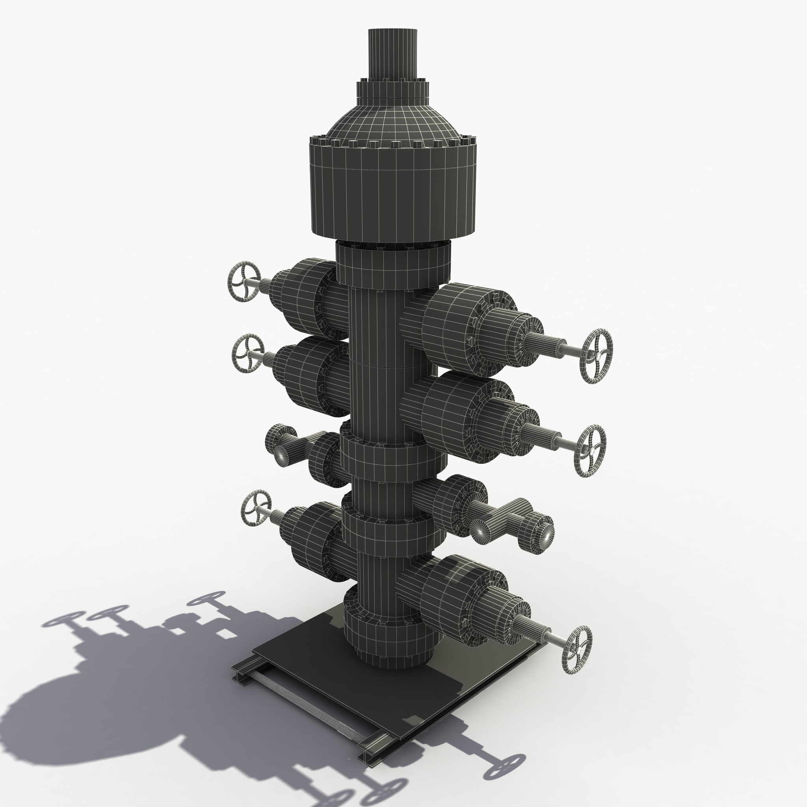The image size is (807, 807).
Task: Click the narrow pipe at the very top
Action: (392, 52)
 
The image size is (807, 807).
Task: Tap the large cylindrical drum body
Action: (392, 192)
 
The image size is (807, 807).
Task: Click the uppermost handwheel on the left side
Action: (244, 281)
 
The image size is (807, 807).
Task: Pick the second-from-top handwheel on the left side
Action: (248, 353)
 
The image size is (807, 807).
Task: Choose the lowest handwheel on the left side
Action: (256, 508)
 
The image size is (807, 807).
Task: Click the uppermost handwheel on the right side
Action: (597, 356)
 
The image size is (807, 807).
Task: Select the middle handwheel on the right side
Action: (590, 451)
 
